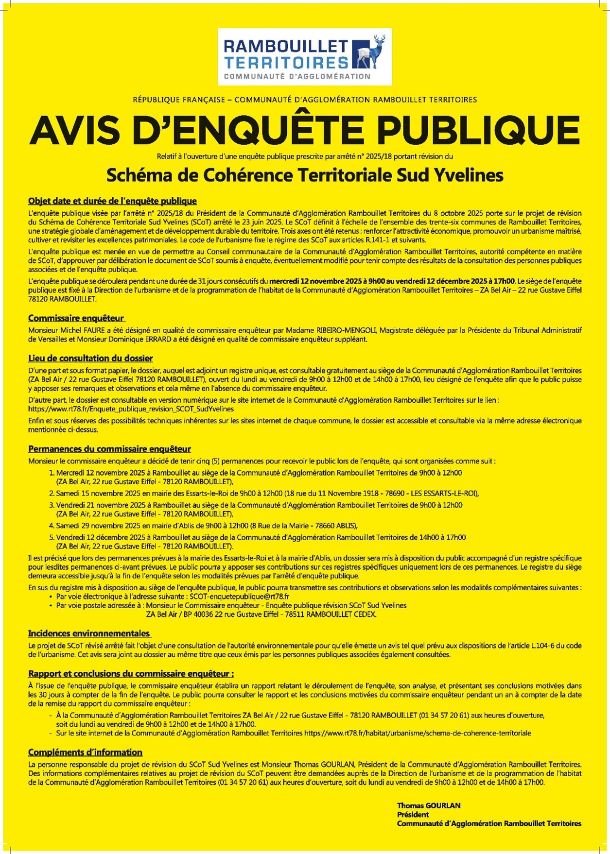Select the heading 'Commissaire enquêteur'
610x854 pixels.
pos(76,318)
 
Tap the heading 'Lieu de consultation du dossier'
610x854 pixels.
pos(90,359)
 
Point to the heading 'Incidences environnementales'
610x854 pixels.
pos(89,633)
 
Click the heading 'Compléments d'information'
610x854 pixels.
pos(85,752)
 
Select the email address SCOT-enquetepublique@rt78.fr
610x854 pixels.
pos(239,597)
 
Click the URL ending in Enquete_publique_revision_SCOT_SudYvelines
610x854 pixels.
pos(131,409)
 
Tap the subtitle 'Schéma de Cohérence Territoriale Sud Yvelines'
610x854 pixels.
pos(305,175)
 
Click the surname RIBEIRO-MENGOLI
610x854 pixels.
pos(347,330)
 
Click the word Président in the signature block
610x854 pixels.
pos(413,815)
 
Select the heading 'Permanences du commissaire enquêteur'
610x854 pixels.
pos(109,449)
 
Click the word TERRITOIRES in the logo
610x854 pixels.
pos(286,62)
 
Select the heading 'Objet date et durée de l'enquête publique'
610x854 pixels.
pos(112,201)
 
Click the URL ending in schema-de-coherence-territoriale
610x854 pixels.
pos(418,733)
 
